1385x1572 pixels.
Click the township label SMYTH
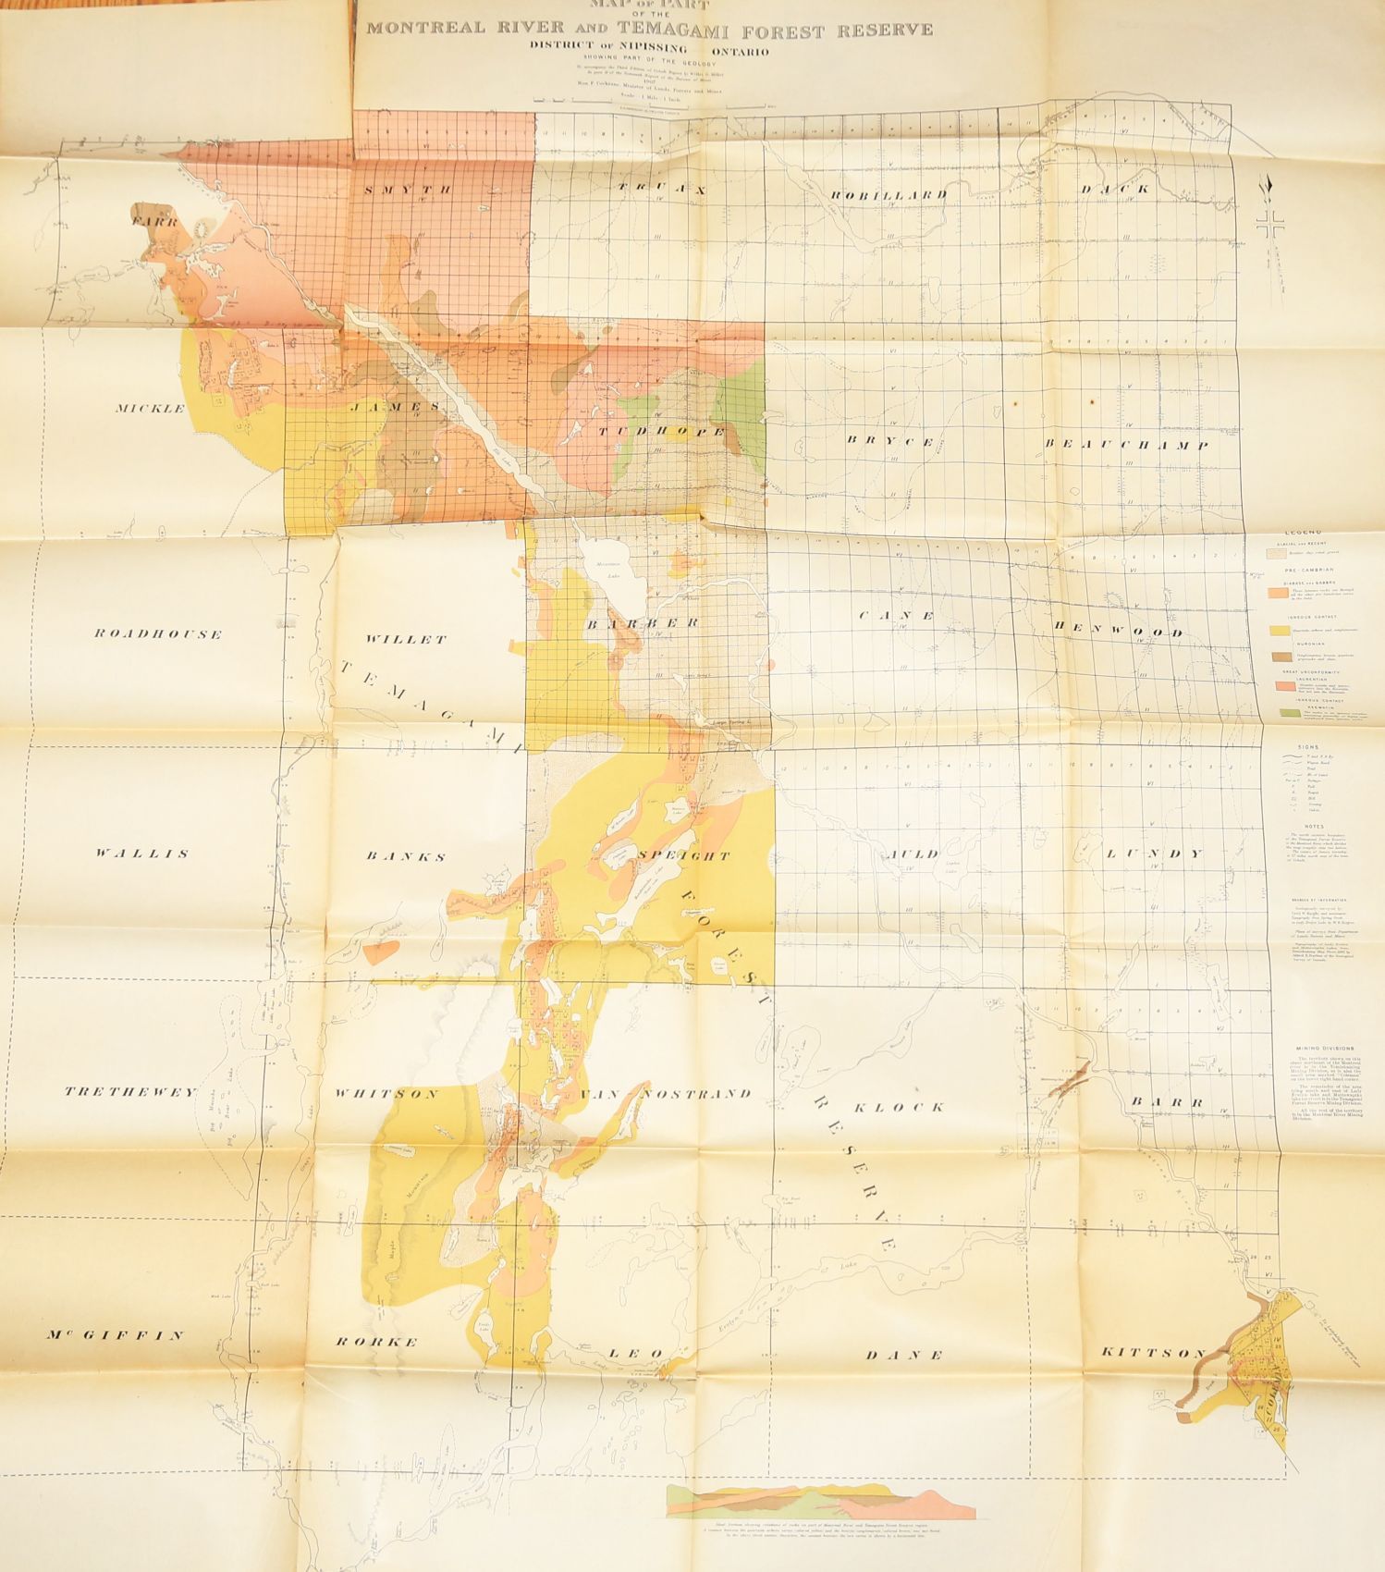(x=407, y=190)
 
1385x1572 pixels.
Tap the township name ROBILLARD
(x=889, y=194)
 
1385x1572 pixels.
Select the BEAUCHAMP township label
(x=1126, y=444)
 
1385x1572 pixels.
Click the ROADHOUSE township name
(x=158, y=634)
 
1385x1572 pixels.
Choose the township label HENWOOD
(x=1118, y=632)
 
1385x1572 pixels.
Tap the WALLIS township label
(x=141, y=854)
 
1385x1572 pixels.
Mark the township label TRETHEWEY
(x=130, y=1092)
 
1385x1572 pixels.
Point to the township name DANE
(x=904, y=1356)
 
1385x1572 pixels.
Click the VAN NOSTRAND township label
(x=665, y=1094)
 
